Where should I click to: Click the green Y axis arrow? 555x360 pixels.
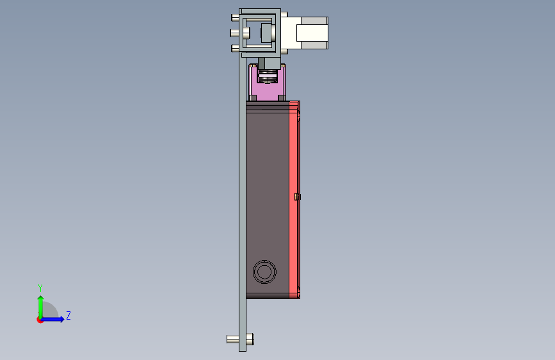[x=41, y=307]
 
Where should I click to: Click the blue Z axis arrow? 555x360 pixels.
[x=52, y=319]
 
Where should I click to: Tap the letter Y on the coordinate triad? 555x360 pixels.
[x=40, y=288]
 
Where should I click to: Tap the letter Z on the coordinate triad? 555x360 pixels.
[x=68, y=315]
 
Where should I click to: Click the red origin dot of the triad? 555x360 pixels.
[x=40, y=320]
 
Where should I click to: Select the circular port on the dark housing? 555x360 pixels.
[x=264, y=272]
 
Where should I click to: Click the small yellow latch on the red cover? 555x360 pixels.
[x=297, y=197]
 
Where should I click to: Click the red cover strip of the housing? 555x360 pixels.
[x=294, y=200]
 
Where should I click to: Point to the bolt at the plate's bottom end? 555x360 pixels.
[x=240, y=339]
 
